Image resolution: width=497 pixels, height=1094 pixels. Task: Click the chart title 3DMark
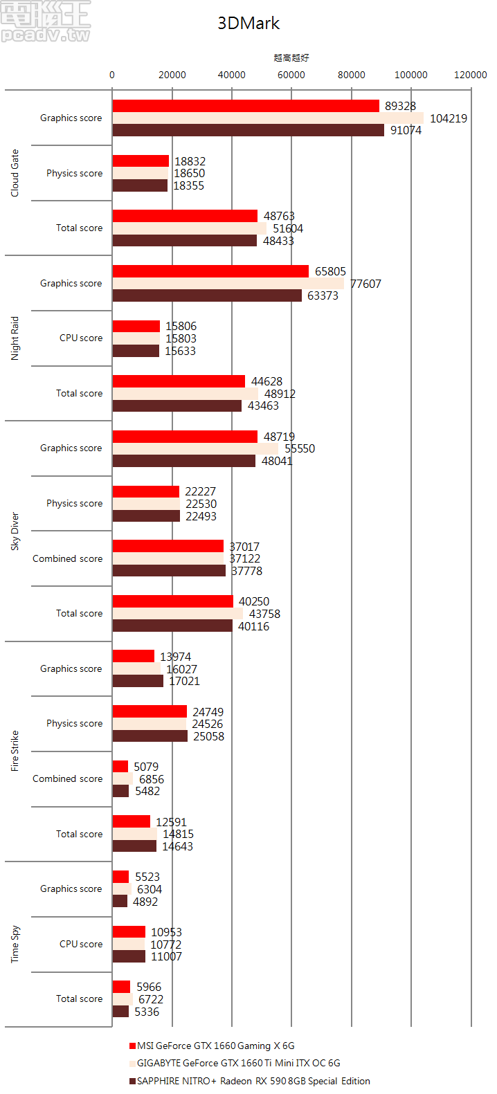[x=248, y=23]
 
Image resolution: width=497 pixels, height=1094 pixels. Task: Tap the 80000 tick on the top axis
[x=351, y=75]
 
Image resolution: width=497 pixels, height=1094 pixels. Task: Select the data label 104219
[x=449, y=118]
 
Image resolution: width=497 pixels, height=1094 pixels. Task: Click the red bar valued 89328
[x=246, y=106]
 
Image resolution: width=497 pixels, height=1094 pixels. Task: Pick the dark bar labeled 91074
[x=248, y=130]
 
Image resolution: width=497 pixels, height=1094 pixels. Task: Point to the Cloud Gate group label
[x=15, y=173]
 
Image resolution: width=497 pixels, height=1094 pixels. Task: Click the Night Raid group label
[x=15, y=338]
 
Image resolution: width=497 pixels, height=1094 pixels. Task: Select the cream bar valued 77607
[x=228, y=284]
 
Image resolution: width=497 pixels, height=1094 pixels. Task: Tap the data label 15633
[x=180, y=351]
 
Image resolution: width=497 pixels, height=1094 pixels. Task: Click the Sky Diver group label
[x=15, y=531]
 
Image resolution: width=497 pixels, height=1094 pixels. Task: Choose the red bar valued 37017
[x=168, y=547]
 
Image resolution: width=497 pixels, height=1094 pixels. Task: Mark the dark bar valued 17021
[x=138, y=681]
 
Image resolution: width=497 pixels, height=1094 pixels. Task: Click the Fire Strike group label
[x=15, y=751]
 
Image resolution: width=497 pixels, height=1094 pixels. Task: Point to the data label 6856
[x=152, y=779]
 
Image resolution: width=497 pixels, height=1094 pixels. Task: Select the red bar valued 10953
[x=129, y=932]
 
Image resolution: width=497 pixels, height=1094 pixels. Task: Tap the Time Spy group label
[x=15, y=944]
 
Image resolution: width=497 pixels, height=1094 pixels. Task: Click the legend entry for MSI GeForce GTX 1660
[x=215, y=1046]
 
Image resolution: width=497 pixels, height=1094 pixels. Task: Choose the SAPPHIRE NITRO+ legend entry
[x=253, y=1081]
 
